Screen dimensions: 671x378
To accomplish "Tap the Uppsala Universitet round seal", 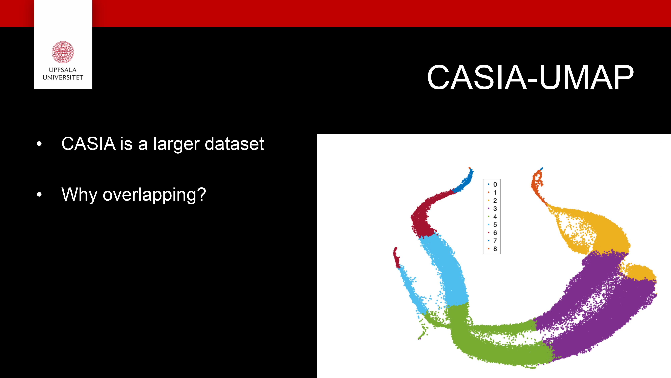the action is pyautogui.click(x=63, y=52).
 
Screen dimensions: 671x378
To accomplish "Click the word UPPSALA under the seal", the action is pyautogui.click(x=63, y=70).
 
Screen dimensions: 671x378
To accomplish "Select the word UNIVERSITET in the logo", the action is pyautogui.click(x=63, y=77).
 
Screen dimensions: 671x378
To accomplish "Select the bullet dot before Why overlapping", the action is pyautogui.click(x=39, y=194).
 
